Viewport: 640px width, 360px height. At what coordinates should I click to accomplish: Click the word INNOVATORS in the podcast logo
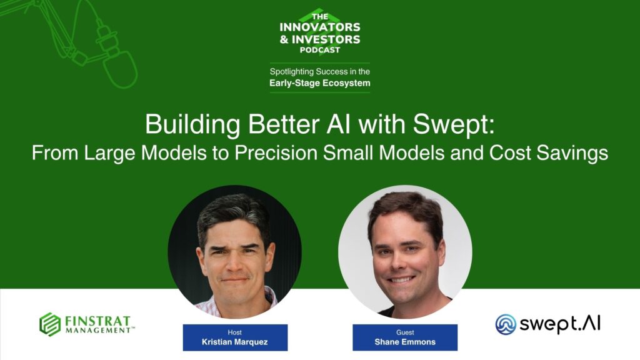pyautogui.click(x=320, y=27)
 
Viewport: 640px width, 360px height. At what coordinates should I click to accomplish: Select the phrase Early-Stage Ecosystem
pyautogui.click(x=319, y=83)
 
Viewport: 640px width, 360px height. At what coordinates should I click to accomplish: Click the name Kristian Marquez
pyautogui.click(x=235, y=342)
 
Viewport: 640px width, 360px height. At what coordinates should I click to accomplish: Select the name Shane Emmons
pyautogui.click(x=405, y=342)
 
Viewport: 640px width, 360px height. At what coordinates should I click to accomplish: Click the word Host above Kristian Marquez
pyautogui.click(x=235, y=332)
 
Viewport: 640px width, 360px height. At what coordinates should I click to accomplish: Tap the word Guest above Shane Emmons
pyautogui.click(x=405, y=332)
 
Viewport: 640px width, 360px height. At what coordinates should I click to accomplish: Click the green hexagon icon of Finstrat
pyautogui.click(x=50, y=324)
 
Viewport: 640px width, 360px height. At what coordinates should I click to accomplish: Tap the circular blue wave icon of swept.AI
pyautogui.click(x=506, y=324)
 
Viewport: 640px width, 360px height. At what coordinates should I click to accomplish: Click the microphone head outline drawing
pyautogui.click(x=120, y=69)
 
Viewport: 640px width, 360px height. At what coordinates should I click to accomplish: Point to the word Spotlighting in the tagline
pyautogui.click(x=291, y=71)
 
